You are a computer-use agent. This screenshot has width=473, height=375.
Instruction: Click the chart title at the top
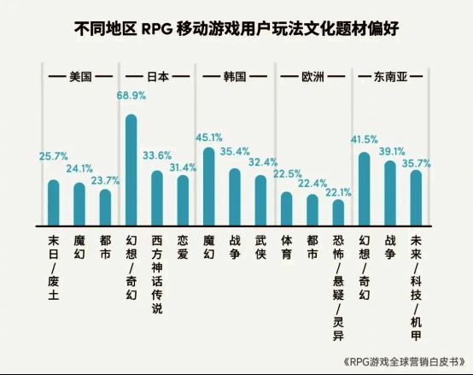[236, 29]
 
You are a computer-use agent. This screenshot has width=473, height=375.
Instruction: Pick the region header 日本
[157, 76]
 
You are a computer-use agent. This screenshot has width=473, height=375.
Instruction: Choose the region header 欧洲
[313, 76]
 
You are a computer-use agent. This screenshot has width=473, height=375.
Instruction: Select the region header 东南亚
[391, 76]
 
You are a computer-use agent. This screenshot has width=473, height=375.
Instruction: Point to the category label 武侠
[261, 248]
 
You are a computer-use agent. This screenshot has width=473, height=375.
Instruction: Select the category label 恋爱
[183, 248]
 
